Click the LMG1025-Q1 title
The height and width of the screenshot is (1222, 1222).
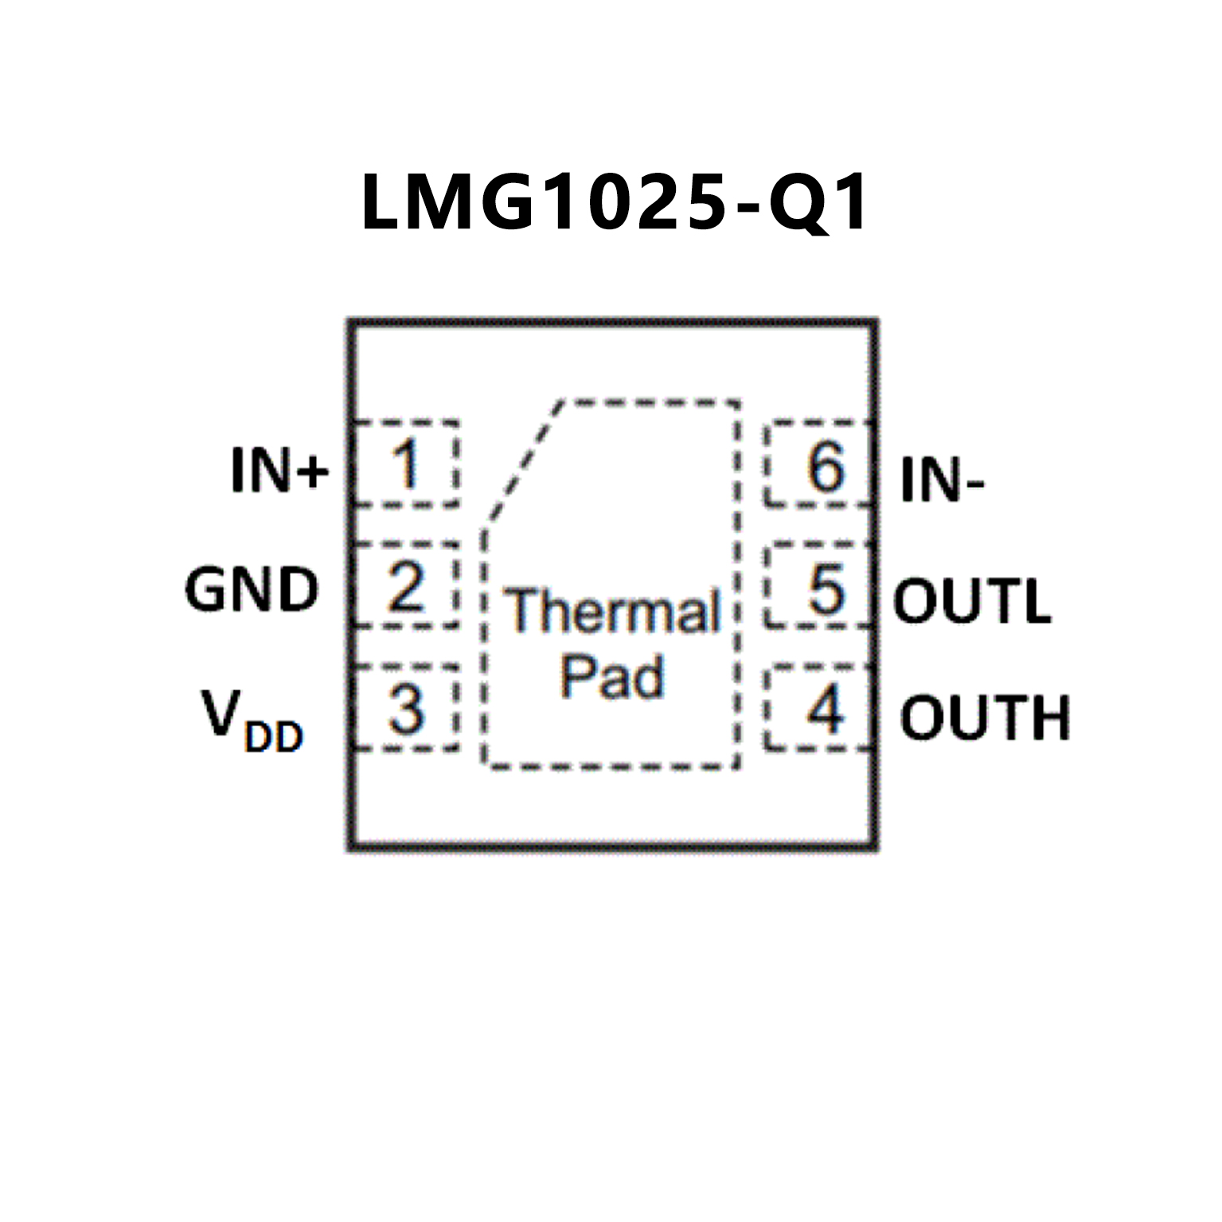point(614,203)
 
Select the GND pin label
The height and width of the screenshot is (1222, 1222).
point(252,590)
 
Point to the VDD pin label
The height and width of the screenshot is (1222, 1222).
point(252,720)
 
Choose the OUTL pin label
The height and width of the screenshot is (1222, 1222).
point(972,601)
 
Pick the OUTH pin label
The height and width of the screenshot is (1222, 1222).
point(985,717)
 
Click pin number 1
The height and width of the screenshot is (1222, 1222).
point(405,464)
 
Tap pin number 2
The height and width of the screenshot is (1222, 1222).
point(406,588)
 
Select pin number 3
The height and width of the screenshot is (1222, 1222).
point(406,709)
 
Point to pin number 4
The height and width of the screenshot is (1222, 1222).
point(825,709)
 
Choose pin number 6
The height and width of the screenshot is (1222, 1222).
point(826,466)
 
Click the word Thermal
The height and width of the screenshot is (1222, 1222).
point(611,611)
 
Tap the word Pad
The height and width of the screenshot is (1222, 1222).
point(611,677)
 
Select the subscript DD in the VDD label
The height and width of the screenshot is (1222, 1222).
point(274,737)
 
